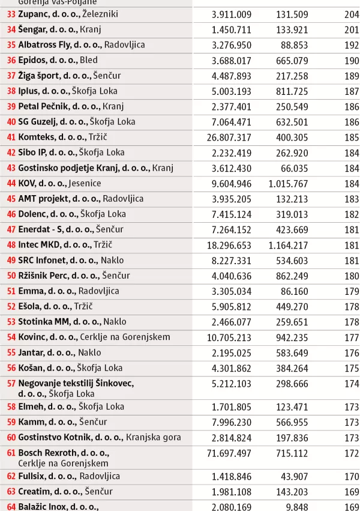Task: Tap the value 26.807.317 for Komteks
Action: pyautogui.click(x=229, y=137)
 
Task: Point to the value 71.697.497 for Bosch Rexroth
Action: pyautogui.click(x=229, y=453)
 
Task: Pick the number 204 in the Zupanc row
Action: pyautogui.click(x=352, y=14)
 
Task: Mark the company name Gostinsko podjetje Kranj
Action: pyautogui.click(x=83, y=168)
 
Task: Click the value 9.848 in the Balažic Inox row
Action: pyautogui.click(x=298, y=507)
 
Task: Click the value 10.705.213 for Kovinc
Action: pyautogui.click(x=229, y=337)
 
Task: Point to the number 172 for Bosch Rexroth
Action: pyautogui.click(x=352, y=453)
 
